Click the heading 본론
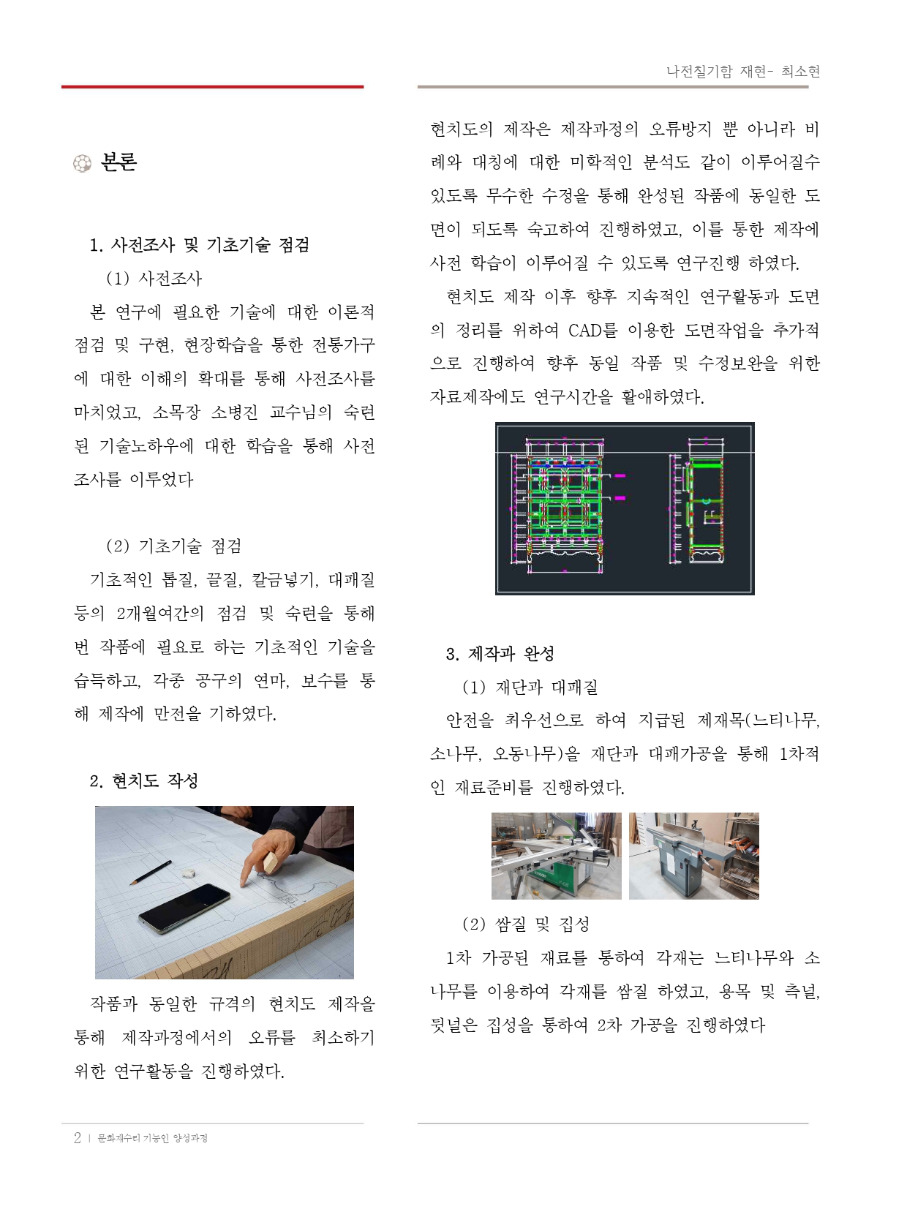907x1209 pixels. (118, 162)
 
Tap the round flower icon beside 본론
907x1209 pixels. (82, 164)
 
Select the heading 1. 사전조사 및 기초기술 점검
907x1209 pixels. (200, 244)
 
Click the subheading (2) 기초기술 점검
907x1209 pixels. (173, 546)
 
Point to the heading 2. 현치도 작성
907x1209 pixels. (144, 780)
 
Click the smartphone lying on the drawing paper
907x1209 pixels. (184, 908)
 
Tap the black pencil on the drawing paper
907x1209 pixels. (151, 873)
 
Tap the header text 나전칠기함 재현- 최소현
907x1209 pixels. (743, 71)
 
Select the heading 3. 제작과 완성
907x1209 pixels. (500, 654)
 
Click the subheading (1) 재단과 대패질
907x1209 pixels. (530, 687)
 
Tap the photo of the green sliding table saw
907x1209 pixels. (556, 856)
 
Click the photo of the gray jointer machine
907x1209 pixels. (694, 856)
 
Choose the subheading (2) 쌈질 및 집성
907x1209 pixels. (526, 924)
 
